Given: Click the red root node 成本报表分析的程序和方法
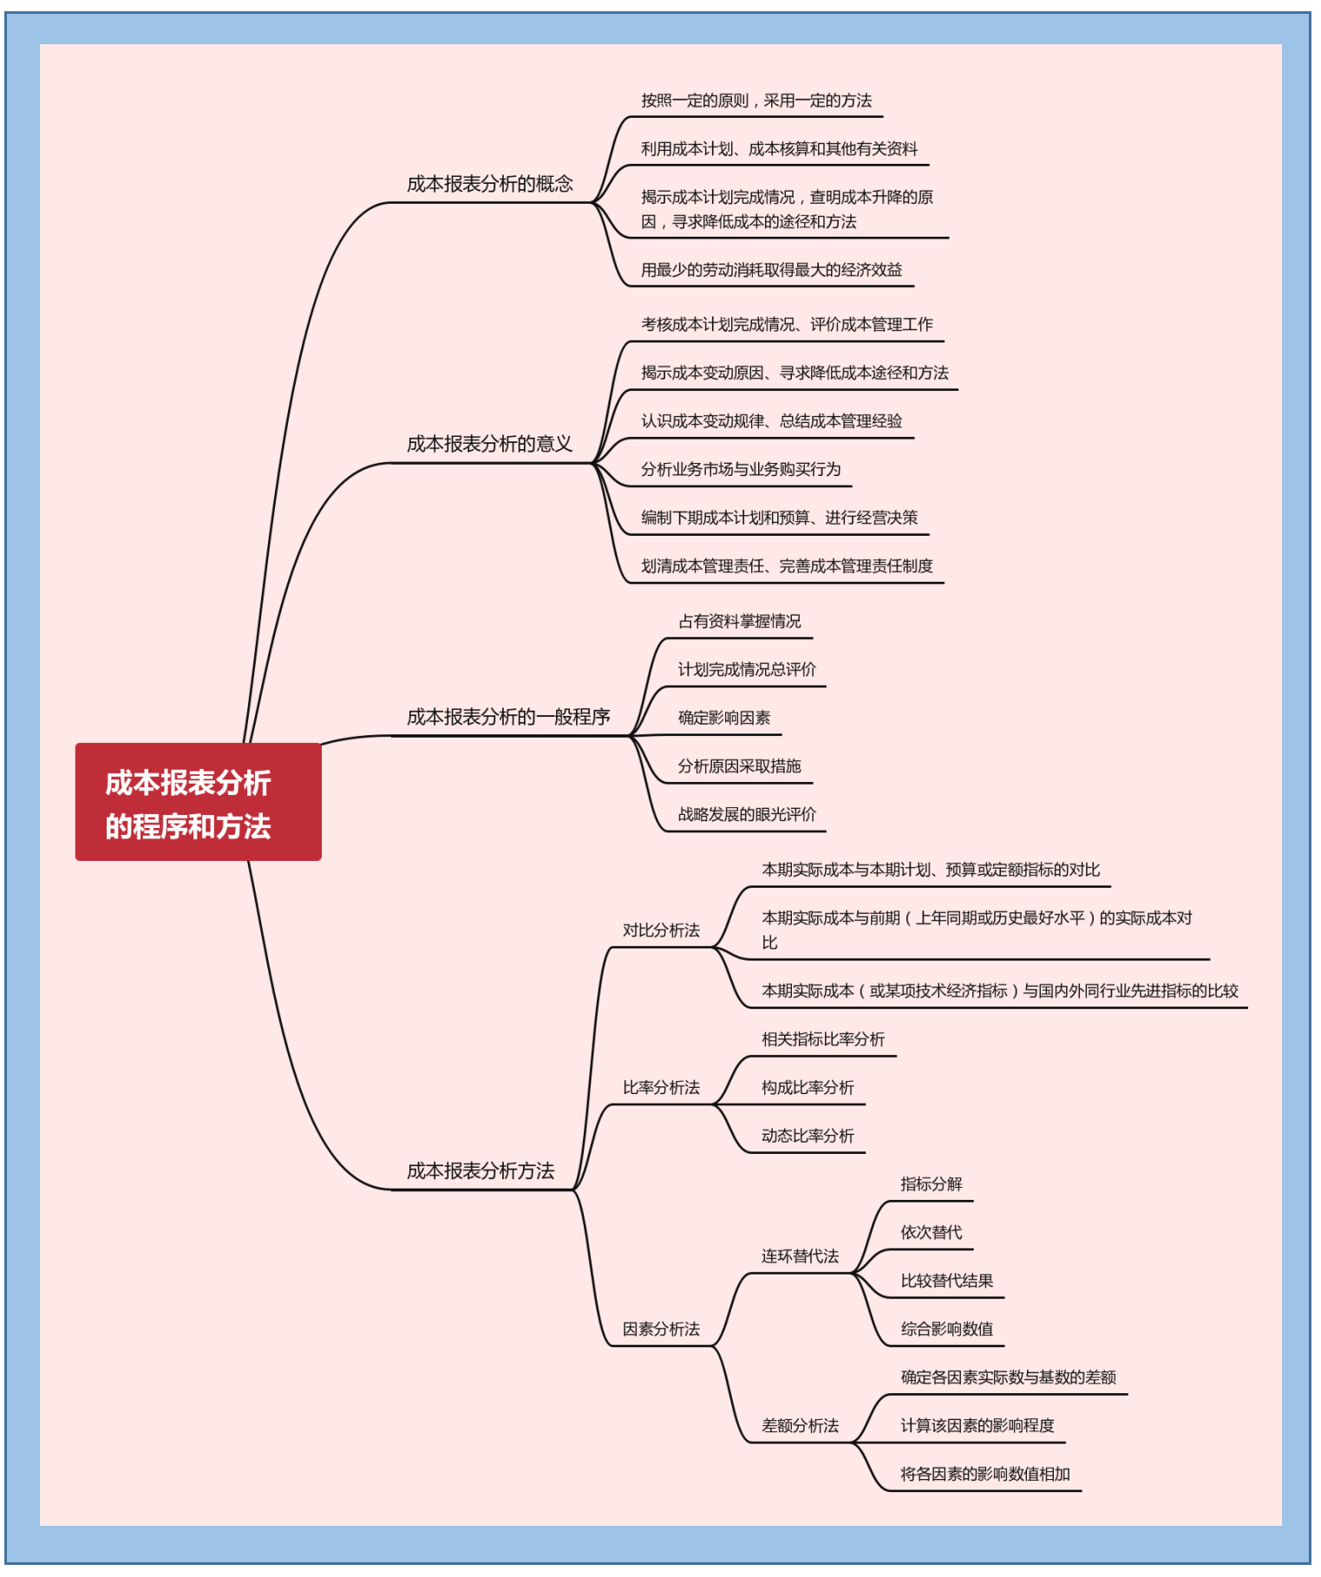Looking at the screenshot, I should pos(198,802).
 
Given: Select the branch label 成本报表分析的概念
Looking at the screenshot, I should pos(490,184).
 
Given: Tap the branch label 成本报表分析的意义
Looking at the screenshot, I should pos(490,444).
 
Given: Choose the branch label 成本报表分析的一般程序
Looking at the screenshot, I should pos(508,717).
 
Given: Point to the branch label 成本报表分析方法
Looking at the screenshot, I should pos(481,1171).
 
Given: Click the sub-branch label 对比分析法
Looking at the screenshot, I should pos(661,930).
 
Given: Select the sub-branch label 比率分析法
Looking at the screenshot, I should pos(661,1087).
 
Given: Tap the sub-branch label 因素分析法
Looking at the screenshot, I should pos(661,1329).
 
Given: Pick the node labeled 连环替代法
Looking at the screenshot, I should pos(800,1256).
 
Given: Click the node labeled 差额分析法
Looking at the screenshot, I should pos(800,1425).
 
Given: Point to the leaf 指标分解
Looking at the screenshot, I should pos(931,1184).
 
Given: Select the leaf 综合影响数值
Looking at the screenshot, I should pos(946,1329).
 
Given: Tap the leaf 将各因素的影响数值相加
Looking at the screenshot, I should pos(984,1474).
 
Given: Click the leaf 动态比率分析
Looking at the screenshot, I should pos(808,1136).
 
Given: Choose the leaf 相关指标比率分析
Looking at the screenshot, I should pos(823,1039).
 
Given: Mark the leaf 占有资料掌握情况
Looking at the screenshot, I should pos(739,622).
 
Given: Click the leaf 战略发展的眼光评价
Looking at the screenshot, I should pos(747,814).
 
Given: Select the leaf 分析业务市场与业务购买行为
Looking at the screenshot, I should pos(741,470).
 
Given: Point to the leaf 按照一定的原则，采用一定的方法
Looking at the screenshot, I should pos(756,101).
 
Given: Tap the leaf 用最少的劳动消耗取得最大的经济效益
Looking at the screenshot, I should pos(771,270).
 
